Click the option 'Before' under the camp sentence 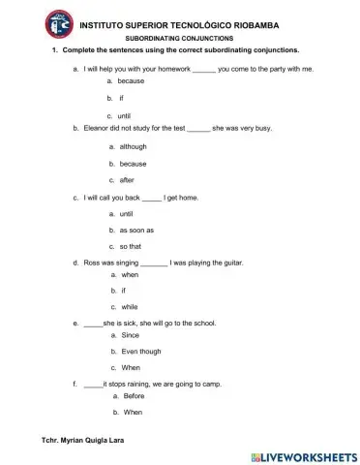(134, 396)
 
